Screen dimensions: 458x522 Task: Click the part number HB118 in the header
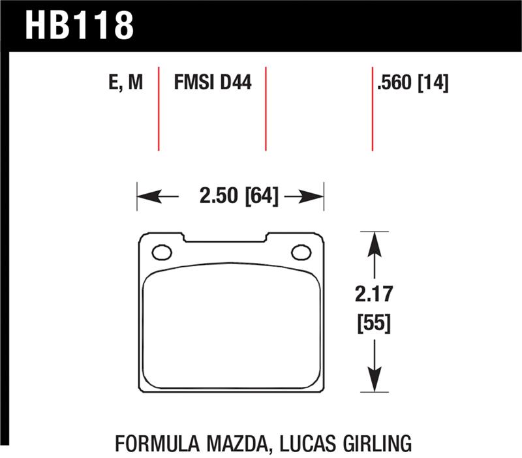[x=79, y=26]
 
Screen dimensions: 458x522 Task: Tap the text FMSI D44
[x=213, y=84]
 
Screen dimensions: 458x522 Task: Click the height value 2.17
[x=374, y=294]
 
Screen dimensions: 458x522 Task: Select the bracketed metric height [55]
[x=374, y=324]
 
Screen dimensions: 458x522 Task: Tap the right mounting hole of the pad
[x=301, y=252]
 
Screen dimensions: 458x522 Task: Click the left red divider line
[x=159, y=108]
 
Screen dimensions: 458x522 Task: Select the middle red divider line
[x=266, y=108]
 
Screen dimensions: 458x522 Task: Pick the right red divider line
[x=372, y=108]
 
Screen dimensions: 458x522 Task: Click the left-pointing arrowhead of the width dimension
[x=145, y=196]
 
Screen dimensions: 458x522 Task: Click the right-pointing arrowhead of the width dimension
[x=316, y=196]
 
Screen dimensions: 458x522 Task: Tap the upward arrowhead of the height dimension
[x=374, y=241]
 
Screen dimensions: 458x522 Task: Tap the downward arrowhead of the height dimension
[x=374, y=382]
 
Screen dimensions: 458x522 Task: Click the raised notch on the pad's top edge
[x=224, y=237]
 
